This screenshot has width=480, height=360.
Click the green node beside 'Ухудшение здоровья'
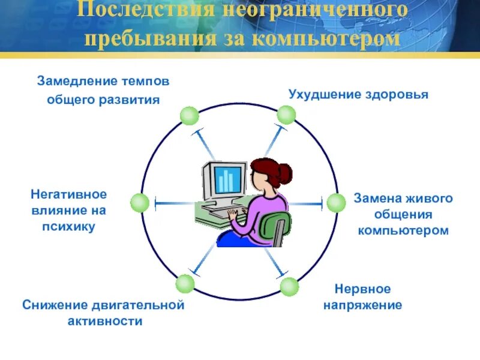pos(286,115)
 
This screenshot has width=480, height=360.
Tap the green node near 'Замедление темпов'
pos(189,115)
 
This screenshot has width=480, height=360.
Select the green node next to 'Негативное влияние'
pos(140,203)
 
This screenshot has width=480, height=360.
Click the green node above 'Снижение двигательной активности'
pos(185,283)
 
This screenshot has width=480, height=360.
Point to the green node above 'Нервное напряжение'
pos(289,287)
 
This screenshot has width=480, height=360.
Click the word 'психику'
pos(68,227)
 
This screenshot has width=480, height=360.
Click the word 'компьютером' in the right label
pos(403,230)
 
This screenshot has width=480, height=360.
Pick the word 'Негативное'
pos(68,194)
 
